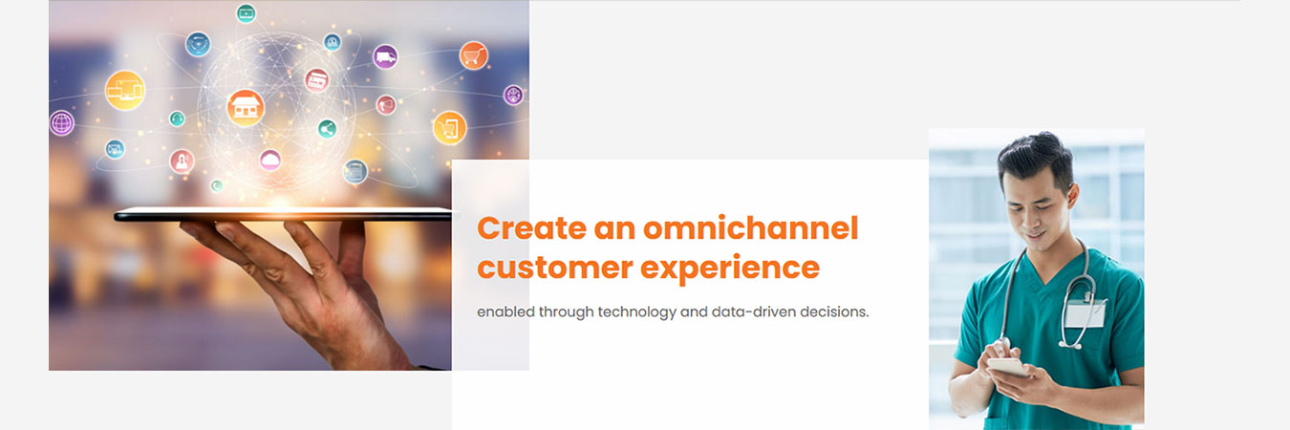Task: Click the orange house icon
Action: click(x=246, y=108)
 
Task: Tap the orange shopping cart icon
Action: click(x=473, y=55)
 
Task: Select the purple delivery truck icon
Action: click(x=385, y=56)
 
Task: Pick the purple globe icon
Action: click(x=61, y=122)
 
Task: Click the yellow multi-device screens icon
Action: click(x=125, y=91)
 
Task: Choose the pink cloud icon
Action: click(x=270, y=160)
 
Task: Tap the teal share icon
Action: click(x=327, y=128)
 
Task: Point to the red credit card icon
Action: click(x=316, y=80)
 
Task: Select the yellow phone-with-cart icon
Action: click(x=449, y=128)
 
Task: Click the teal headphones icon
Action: click(x=177, y=118)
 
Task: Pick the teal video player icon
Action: click(x=246, y=12)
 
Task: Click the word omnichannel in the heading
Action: click(x=750, y=228)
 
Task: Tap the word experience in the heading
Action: click(x=730, y=269)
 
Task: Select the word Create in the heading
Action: click(x=531, y=228)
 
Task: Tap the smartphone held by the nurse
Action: click(x=1008, y=366)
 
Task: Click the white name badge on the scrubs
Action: click(x=1086, y=313)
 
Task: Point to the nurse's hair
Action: click(x=1036, y=156)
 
